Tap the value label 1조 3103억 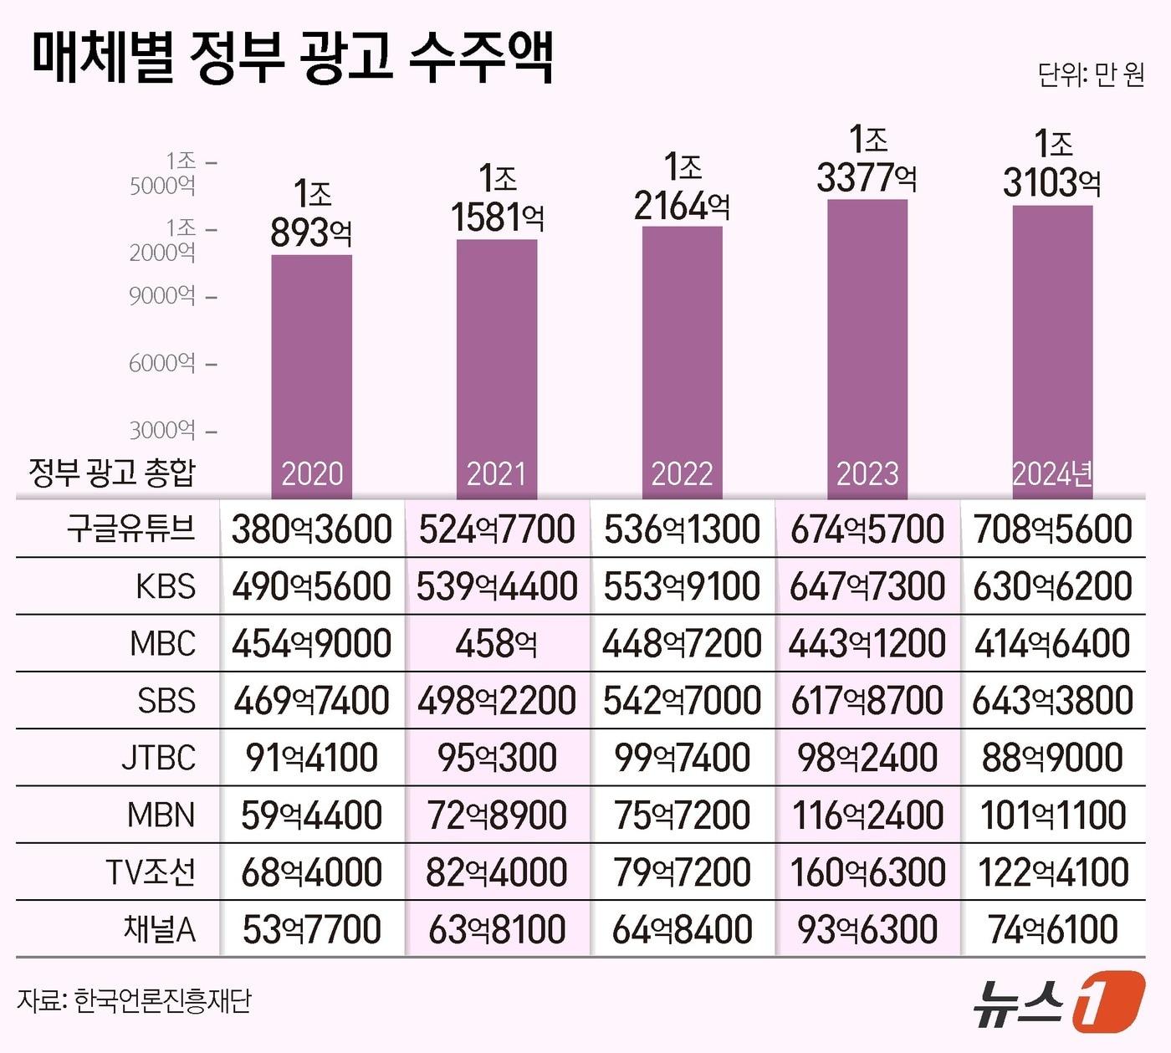[x=1052, y=164]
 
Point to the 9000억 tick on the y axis [x=162, y=296]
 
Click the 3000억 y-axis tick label [x=162, y=431]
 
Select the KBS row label [x=166, y=586]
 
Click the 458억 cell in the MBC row [x=497, y=643]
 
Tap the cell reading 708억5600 [x=1052, y=529]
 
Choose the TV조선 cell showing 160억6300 [x=867, y=872]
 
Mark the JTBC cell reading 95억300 [x=497, y=758]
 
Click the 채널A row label [x=159, y=929]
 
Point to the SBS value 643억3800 [x=1052, y=701]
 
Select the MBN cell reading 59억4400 [x=311, y=815]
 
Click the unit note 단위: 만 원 [x=1091, y=75]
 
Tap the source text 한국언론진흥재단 [x=162, y=1000]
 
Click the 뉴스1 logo [x=1057, y=1000]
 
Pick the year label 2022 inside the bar [x=682, y=474]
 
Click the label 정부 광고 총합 [x=111, y=473]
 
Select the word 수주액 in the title [x=481, y=59]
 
